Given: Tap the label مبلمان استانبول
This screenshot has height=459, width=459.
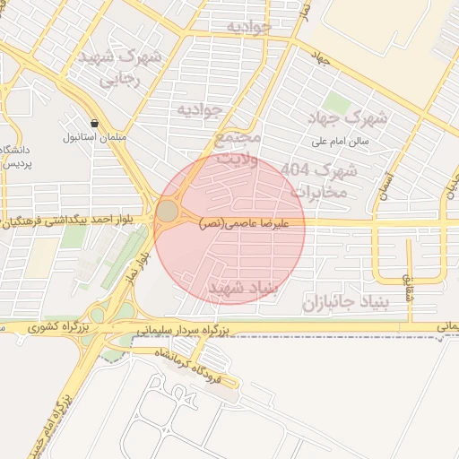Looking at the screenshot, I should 85,137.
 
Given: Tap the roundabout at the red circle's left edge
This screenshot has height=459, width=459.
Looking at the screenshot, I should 168,212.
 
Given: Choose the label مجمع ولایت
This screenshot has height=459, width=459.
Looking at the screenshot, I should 237,149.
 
